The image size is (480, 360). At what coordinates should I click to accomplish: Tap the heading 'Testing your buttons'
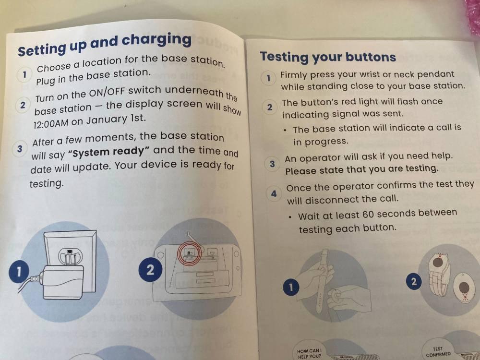(x=328, y=57)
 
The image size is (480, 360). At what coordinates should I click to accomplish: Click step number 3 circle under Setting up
(x=19, y=149)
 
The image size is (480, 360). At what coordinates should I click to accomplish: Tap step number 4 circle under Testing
(x=274, y=194)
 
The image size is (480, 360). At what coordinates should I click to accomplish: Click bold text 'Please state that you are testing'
(x=361, y=169)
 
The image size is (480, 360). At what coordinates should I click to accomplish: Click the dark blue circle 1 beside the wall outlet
(x=19, y=272)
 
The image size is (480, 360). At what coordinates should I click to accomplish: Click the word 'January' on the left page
(x=107, y=120)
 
